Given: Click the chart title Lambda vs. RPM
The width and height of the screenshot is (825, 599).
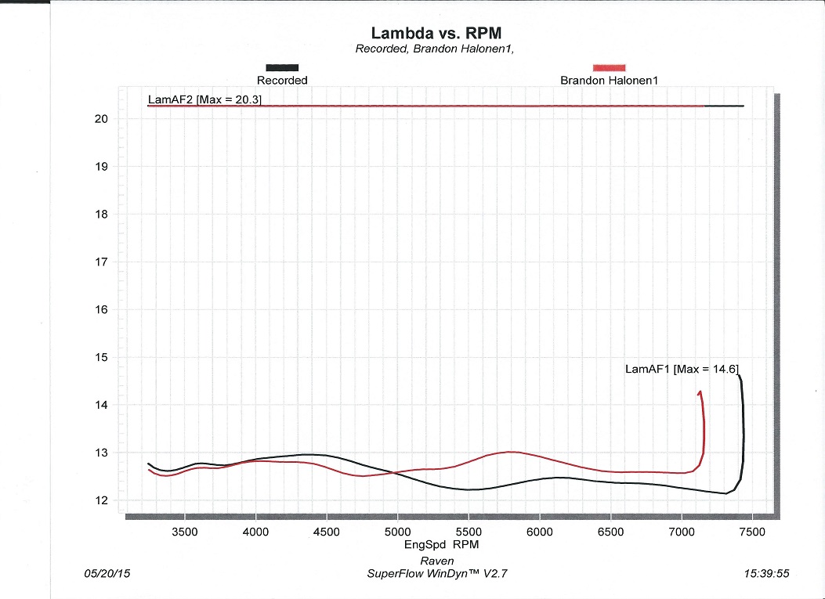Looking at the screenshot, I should (435, 33).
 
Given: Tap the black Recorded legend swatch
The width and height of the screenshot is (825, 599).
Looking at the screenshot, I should (282, 68).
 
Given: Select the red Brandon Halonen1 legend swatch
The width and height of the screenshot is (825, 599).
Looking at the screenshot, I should (610, 68).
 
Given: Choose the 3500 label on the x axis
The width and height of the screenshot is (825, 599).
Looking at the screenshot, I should (184, 532).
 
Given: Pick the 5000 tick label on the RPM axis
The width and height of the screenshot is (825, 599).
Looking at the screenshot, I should (397, 532).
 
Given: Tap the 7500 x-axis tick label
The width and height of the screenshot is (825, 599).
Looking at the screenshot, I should (752, 532).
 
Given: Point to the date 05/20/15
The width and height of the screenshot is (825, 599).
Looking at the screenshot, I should (107, 573).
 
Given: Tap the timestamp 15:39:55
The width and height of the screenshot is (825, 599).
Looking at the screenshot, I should (767, 573).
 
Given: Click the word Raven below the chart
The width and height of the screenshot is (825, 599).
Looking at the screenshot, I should (437, 561).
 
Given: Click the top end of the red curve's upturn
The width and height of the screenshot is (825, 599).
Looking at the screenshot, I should (699, 392).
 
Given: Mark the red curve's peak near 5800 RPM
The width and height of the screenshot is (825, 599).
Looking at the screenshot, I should (511, 452).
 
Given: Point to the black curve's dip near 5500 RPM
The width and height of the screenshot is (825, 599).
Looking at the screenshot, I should (469, 489).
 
